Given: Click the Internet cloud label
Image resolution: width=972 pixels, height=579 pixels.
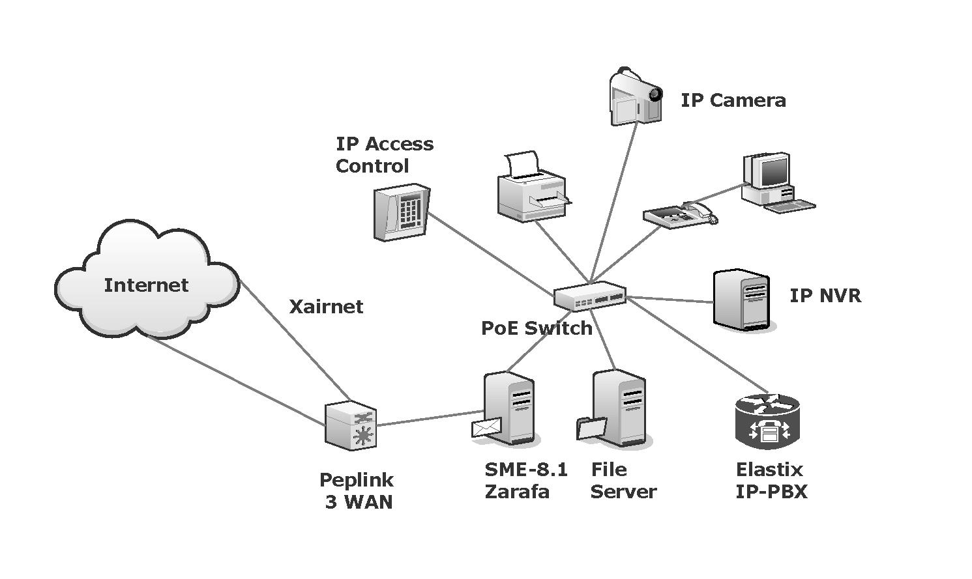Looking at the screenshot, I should [146, 285].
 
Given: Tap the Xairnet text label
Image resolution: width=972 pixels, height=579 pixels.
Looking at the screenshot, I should [326, 307].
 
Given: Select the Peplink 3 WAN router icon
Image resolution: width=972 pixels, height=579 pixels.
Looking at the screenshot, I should [351, 425].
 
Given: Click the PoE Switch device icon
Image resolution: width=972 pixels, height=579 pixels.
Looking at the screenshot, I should [589, 296].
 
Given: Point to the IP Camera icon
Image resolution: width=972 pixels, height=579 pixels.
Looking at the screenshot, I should [635, 96].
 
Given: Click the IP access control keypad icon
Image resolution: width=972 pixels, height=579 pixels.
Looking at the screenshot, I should [402, 212].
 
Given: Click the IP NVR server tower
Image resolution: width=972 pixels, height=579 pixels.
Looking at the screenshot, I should [742, 300].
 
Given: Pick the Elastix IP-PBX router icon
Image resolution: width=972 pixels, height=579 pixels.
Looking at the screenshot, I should [767, 421].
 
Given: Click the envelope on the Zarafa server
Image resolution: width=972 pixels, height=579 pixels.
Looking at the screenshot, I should [486, 427].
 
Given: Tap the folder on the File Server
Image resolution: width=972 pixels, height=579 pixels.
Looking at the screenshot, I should [592, 429].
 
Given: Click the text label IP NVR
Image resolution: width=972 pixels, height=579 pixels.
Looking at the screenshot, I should [825, 296].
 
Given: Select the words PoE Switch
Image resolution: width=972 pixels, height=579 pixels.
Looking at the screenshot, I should [537, 328].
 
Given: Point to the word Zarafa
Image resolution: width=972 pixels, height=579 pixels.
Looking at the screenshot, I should [517, 492].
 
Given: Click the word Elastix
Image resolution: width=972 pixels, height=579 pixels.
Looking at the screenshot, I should [769, 470].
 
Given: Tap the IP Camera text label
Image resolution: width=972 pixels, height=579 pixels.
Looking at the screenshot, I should [733, 100].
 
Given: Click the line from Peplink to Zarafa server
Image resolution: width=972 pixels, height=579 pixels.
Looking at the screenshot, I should [427, 418].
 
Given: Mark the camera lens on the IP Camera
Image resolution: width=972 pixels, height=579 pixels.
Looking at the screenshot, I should [655, 94].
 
